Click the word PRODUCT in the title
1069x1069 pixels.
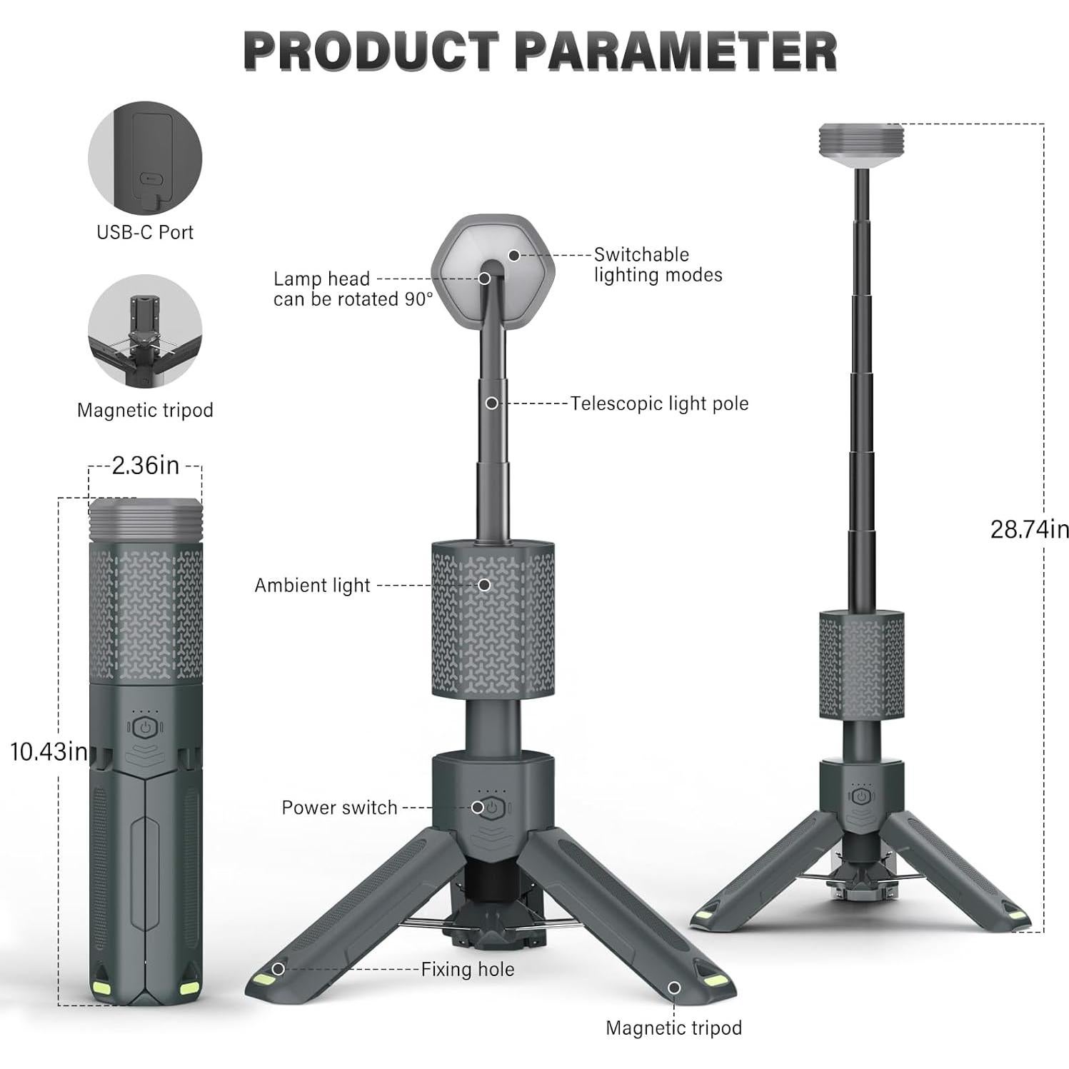point(371,51)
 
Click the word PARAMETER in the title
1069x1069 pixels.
point(675,51)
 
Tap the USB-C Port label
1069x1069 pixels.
point(145,232)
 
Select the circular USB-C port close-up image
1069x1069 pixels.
point(145,158)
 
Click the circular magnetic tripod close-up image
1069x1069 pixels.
point(145,331)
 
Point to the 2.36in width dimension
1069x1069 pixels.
point(146,466)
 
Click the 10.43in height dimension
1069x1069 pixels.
point(49,751)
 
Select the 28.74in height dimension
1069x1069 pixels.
point(1029,529)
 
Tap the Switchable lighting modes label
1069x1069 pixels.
point(658,265)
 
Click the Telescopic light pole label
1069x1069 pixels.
point(659,403)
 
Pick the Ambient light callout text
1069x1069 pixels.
point(312,586)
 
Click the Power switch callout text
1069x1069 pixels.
point(339,808)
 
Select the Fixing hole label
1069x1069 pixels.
point(467,969)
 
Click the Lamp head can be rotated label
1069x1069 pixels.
point(353,289)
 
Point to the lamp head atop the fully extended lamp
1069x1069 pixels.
point(861,146)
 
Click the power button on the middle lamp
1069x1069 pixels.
point(492,808)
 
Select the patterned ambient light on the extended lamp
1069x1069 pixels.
point(861,664)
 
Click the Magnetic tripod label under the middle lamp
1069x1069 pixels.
point(673,1028)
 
